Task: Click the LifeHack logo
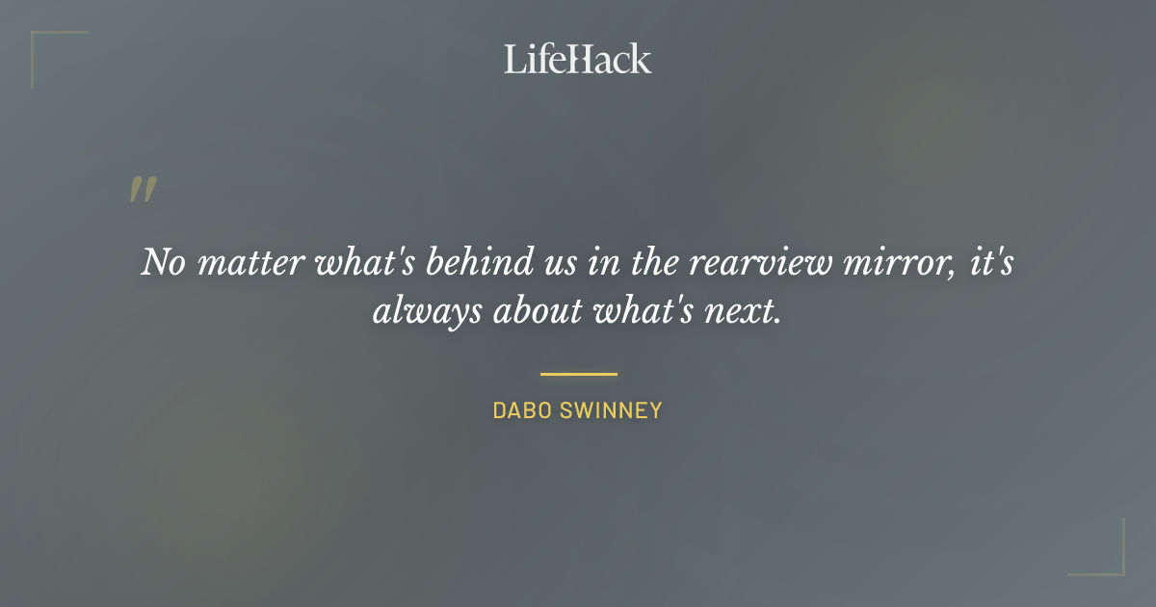(x=577, y=59)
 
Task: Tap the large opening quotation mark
(x=142, y=190)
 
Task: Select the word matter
(x=252, y=263)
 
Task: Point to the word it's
(x=989, y=263)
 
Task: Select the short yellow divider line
(x=578, y=374)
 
